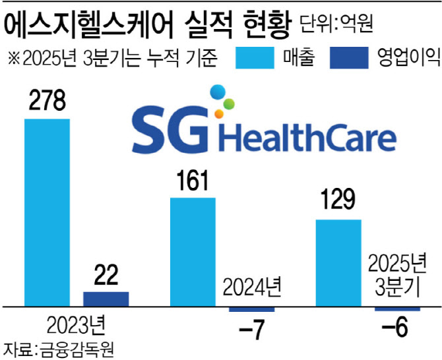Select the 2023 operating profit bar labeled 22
pos(106,299)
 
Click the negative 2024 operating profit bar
pos(251,309)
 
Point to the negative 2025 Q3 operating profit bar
pos(398,309)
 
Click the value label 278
pos(46,102)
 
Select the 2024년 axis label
pos(251,288)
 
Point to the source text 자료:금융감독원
pos(54,347)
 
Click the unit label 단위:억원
pos(336,26)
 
